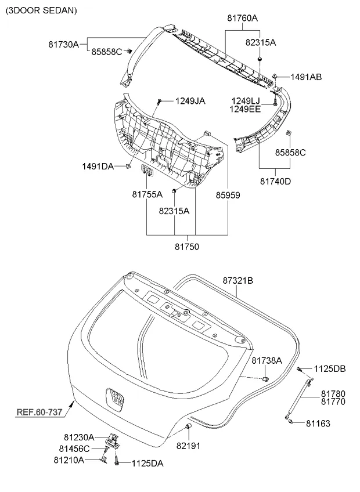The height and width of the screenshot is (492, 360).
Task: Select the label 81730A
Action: click(63, 43)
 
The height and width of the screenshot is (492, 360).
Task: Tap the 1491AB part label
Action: click(306, 77)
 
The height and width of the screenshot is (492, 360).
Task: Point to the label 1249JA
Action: click(190, 101)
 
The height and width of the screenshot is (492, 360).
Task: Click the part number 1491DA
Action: click(98, 167)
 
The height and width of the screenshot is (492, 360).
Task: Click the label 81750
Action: click(186, 247)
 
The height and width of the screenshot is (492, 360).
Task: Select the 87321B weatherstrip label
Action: click(238, 280)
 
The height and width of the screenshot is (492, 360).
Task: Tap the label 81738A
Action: click(267, 360)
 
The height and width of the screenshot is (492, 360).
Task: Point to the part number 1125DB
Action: click(330, 368)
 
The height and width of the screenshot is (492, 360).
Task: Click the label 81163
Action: click(318, 424)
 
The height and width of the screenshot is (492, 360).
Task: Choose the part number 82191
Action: click(188, 445)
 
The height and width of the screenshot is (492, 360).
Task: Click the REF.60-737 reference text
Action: click(39, 413)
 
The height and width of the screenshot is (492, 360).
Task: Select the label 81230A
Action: click(79, 436)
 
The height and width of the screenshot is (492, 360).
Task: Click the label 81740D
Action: click(275, 182)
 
